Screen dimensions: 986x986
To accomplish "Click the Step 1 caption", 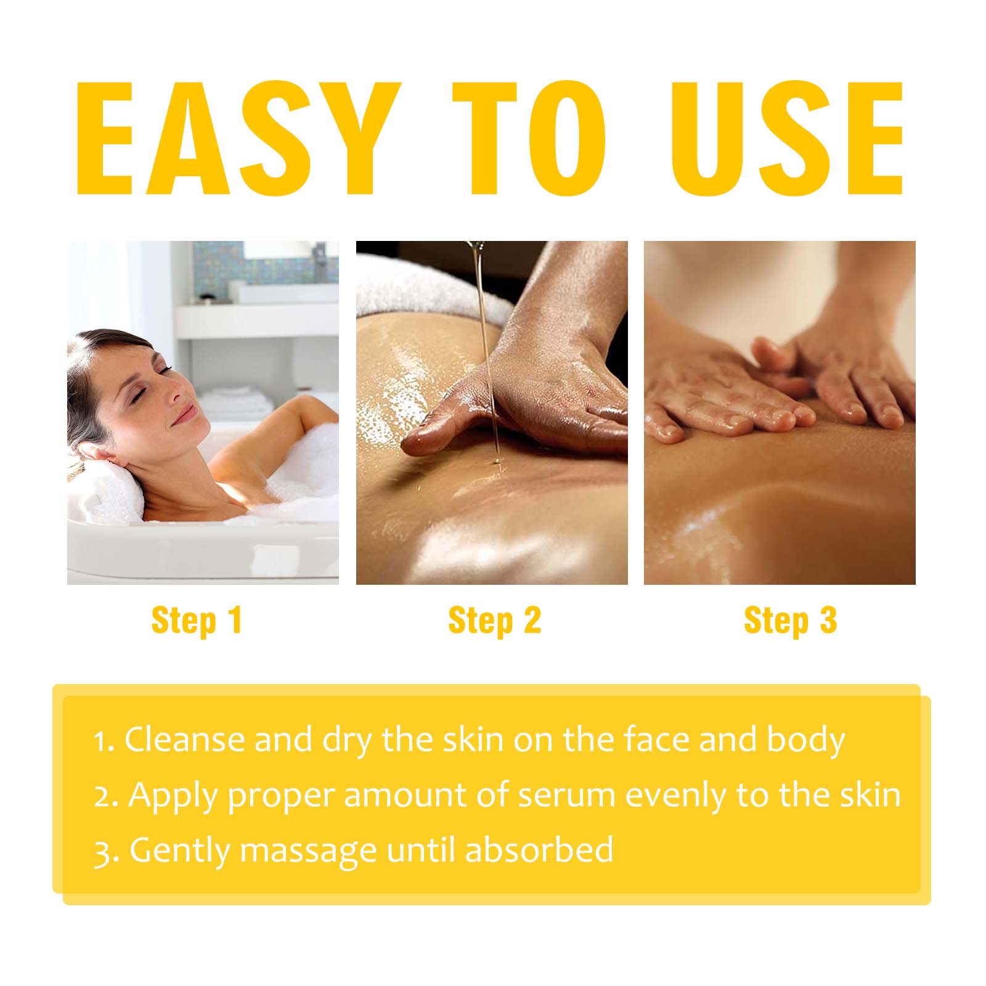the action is pos(197,620).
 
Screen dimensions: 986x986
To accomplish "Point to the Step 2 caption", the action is pos(494,620).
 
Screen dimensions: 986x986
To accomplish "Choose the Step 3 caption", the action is pos(791,620).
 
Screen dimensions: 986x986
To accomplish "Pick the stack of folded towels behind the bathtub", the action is pos(238,401).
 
